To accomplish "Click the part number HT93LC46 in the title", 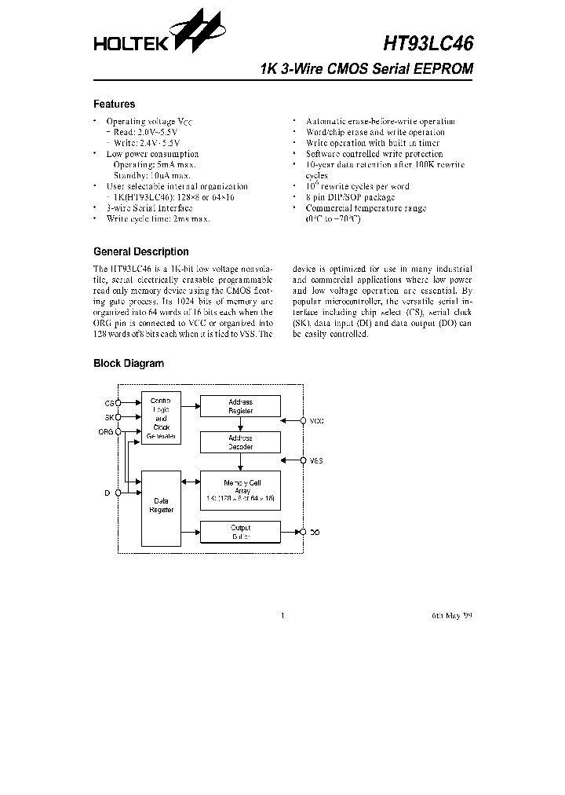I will [x=428, y=42].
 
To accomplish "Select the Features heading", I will [x=114, y=104].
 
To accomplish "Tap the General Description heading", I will [x=140, y=252].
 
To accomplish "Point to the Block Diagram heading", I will [x=129, y=364].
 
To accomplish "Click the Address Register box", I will [x=240, y=406].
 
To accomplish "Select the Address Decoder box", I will [x=240, y=442].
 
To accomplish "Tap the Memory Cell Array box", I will [x=240, y=490].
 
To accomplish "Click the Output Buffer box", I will [x=240, y=532].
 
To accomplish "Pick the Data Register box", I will [x=160, y=507].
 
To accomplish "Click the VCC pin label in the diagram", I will [x=316, y=421].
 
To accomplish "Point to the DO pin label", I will [x=315, y=533].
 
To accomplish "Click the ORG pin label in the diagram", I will [x=105, y=432].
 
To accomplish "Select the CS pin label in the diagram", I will [x=108, y=403].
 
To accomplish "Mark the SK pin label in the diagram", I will [x=108, y=417].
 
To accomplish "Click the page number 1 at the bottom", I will [x=282, y=616].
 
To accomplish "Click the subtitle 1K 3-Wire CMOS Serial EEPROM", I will [x=366, y=69].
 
